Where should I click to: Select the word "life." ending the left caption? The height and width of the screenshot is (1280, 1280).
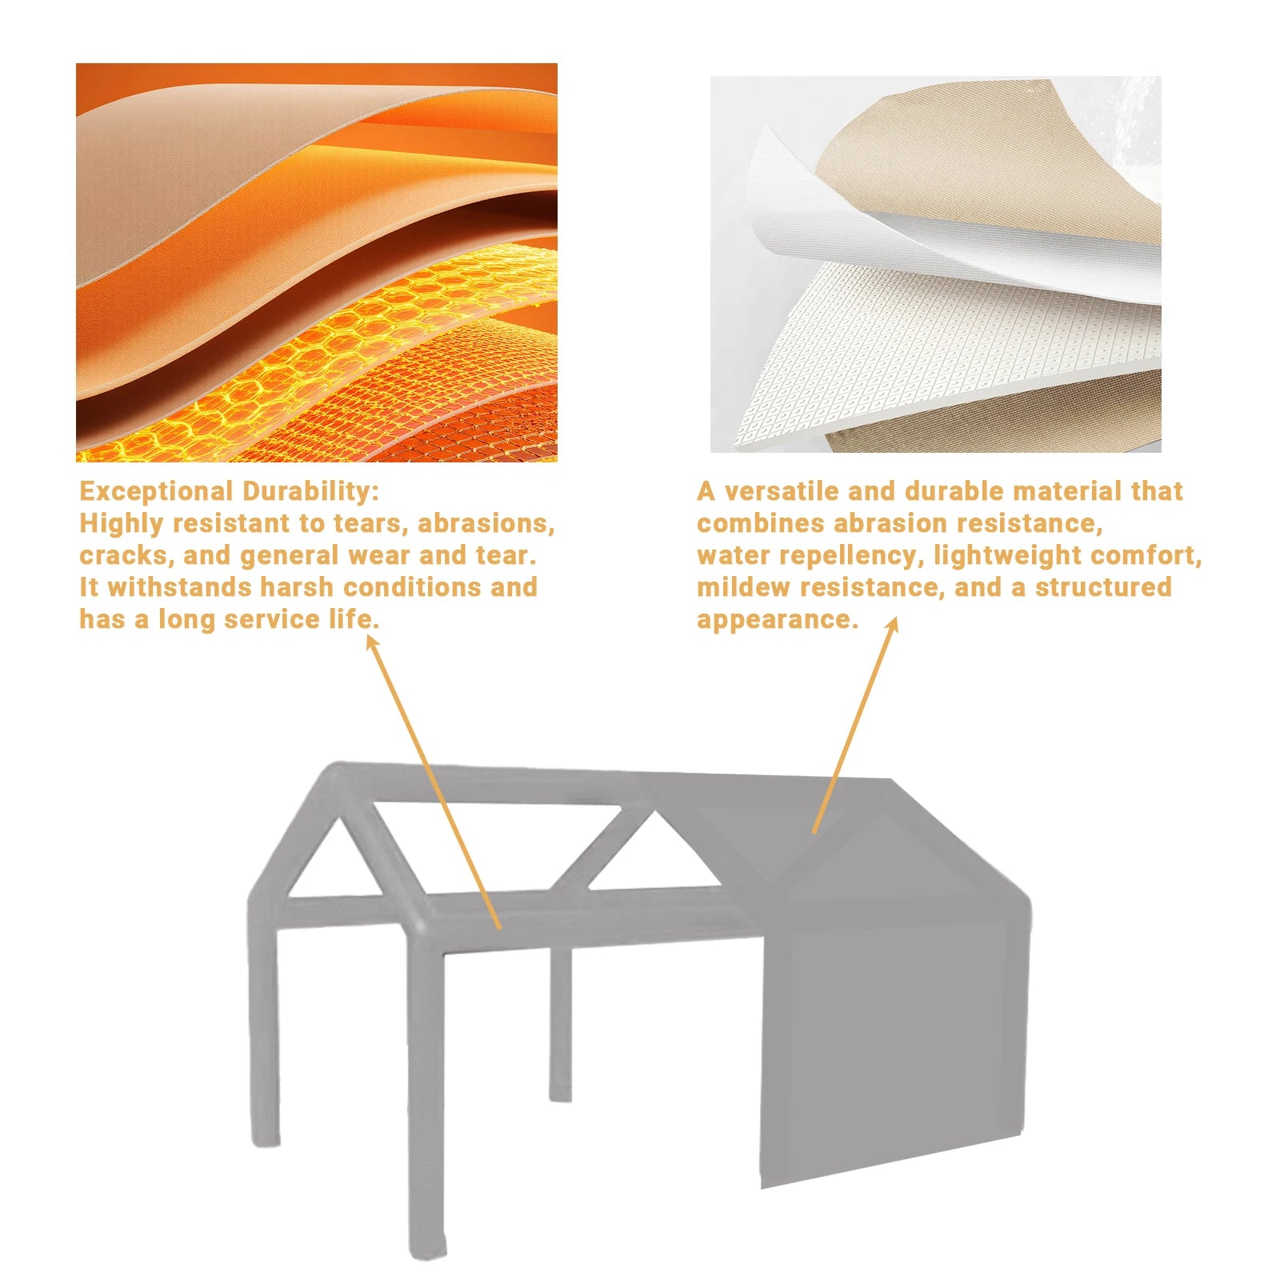pos(354,619)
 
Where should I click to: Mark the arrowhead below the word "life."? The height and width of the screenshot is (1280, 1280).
pos(371,642)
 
